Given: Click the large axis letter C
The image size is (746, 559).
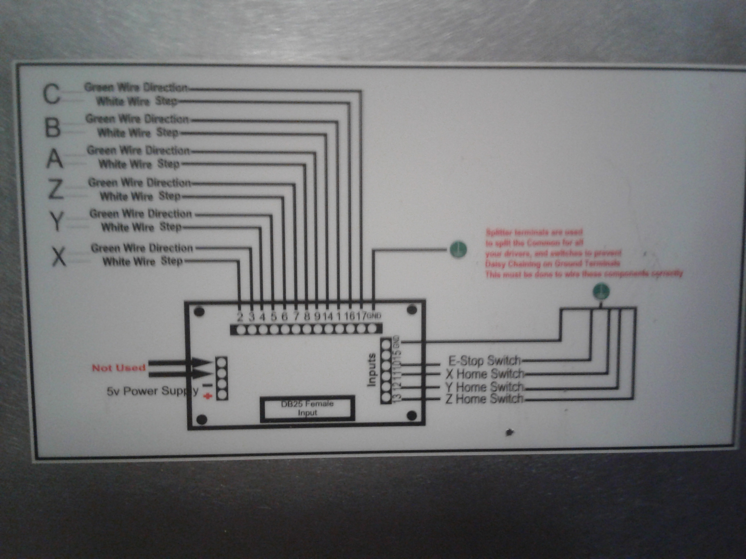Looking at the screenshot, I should click(51, 94).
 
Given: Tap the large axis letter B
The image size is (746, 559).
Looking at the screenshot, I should click(53, 127).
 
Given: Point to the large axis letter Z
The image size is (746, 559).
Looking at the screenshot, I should click(56, 189).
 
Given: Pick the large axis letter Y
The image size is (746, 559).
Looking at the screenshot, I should click(57, 221).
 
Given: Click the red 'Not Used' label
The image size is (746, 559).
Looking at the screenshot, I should click(119, 368).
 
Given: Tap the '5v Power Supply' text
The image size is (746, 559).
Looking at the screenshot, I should click(152, 391).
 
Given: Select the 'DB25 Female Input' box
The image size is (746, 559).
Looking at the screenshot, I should click(307, 408).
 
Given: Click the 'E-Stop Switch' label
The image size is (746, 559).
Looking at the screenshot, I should click(484, 361).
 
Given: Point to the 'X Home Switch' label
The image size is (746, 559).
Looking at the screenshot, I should click(485, 374).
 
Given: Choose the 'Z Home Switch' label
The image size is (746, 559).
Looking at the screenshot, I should click(484, 399).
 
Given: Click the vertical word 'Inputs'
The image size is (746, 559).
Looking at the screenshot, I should click(372, 370).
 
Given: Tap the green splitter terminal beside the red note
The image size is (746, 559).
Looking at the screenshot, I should click(458, 250).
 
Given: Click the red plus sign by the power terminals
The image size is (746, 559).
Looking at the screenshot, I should click(208, 397).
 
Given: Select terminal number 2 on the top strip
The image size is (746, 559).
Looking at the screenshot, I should click(240, 317).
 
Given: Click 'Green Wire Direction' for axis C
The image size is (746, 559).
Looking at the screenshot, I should click(136, 88).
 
